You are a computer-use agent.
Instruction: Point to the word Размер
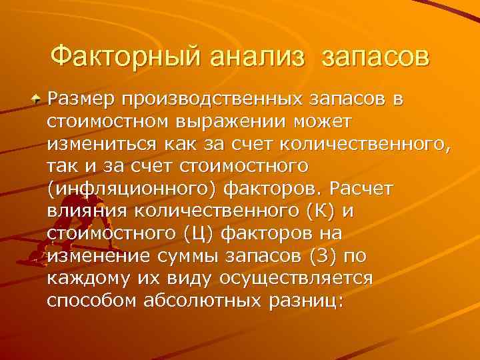click(x=81, y=100)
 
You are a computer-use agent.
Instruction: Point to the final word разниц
click(x=306, y=301)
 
